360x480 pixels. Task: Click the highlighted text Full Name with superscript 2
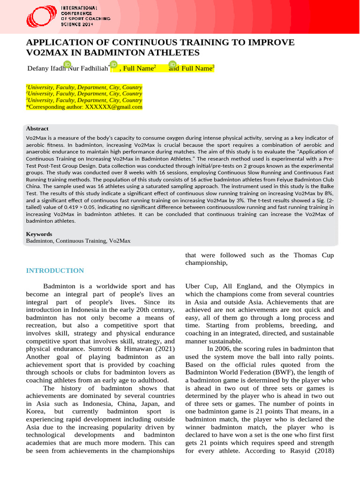click(139, 68)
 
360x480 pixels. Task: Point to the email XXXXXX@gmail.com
click(113, 107)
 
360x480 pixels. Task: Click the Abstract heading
click(37, 128)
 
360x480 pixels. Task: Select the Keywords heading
click(39, 233)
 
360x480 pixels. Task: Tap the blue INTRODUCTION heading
click(55, 270)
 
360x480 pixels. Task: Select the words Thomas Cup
click(314, 255)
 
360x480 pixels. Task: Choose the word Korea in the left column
click(36, 412)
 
